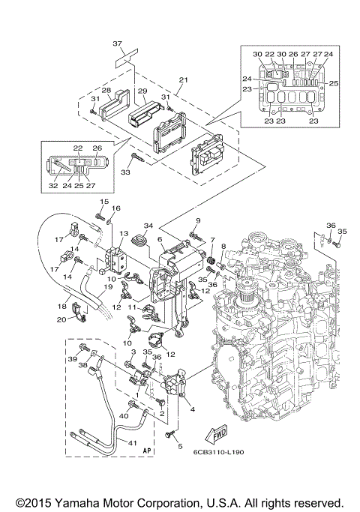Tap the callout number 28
106,91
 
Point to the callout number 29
141,90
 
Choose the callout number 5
179,447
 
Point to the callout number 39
73,361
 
